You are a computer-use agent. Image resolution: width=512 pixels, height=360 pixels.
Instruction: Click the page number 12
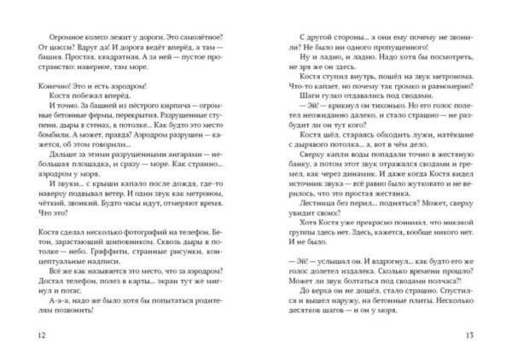(x=32, y=334)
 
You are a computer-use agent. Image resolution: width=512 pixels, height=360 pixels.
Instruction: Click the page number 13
(x=481, y=334)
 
